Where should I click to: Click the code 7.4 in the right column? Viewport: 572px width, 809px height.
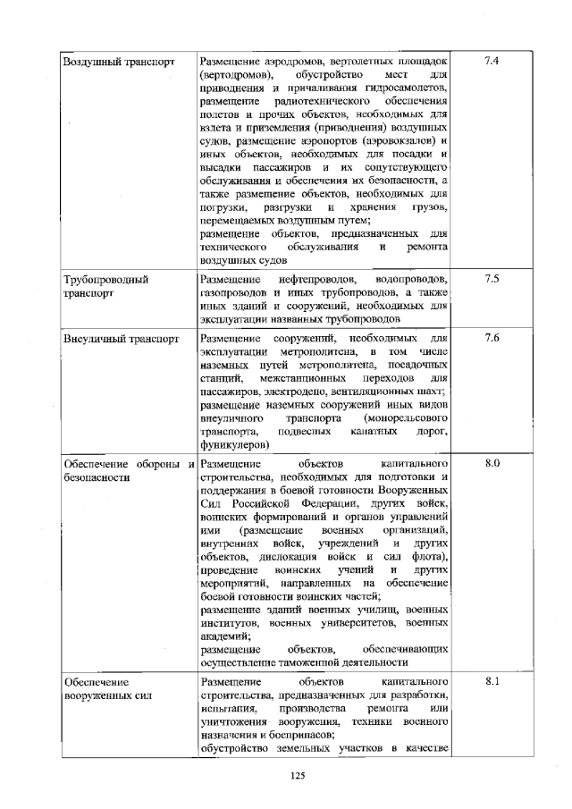490,61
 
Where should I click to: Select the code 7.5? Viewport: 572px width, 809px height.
491,279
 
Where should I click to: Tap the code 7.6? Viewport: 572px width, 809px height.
491,339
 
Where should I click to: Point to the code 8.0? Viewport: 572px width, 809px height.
491,465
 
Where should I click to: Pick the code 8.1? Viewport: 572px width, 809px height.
491,682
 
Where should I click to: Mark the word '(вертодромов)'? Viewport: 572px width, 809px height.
231,75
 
